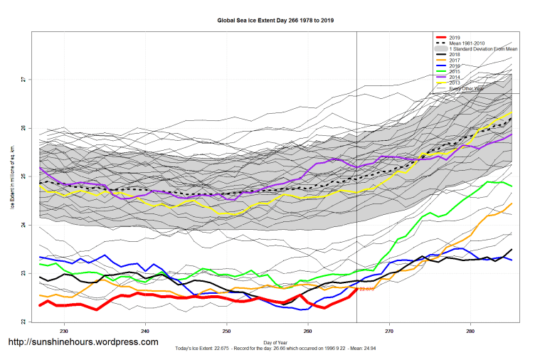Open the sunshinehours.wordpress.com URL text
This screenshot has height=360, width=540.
coord(83,342)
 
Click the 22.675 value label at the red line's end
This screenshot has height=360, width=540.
coord(367,290)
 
